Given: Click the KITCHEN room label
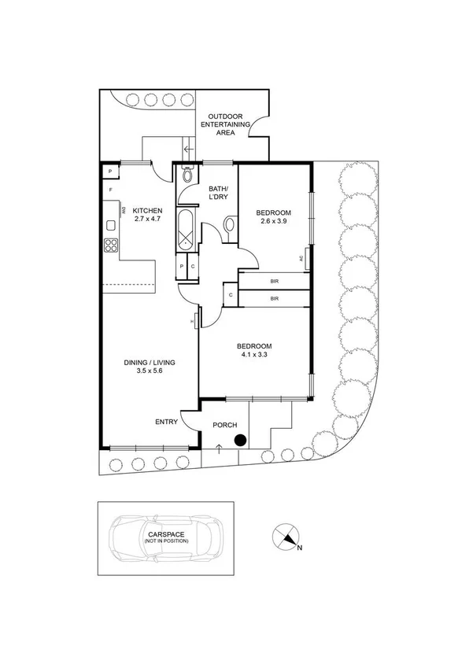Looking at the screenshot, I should click(x=147, y=210).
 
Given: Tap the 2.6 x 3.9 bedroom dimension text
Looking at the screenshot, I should click(x=274, y=222).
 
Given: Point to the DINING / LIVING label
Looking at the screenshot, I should click(x=149, y=363).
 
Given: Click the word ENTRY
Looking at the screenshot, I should click(x=165, y=423).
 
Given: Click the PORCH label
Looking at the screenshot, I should click(x=225, y=425).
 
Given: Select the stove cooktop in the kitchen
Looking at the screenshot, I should click(x=110, y=245).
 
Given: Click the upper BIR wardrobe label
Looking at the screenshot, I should click(x=274, y=281).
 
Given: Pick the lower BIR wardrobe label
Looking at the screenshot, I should click(x=274, y=299).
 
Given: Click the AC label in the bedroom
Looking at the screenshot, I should click(x=303, y=258).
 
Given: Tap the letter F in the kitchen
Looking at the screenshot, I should click(x=110, y=190).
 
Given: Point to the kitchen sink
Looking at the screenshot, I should click(x=110, y=225).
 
